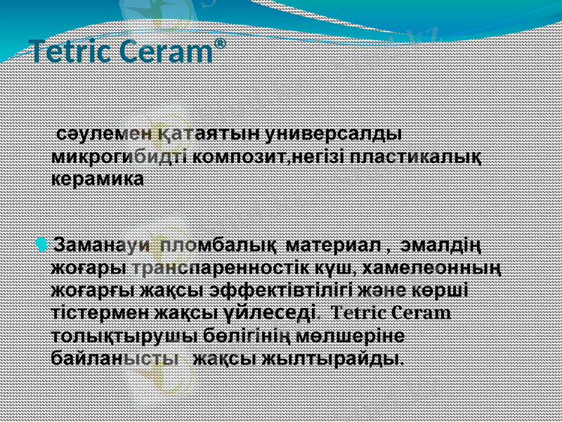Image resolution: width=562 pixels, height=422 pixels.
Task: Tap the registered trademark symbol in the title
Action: coord(221,43)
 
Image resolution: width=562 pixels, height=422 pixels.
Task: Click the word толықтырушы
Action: coord(117,335)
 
